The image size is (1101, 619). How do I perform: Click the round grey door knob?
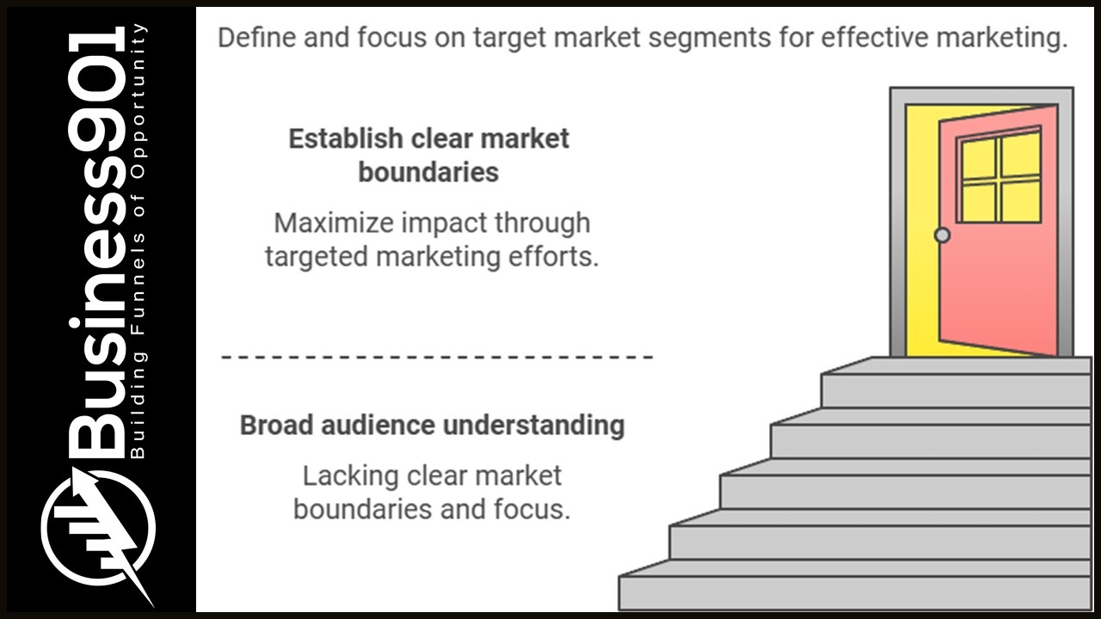tap(943, 235)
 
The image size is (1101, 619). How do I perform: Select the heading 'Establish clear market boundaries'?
tap(428, 156)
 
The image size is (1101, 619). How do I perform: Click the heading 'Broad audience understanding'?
tap(432, 426)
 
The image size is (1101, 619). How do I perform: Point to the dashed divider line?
tap(437, 356)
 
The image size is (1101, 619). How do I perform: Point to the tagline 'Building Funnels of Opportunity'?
tap(140, 241)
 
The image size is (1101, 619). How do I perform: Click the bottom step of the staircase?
tap(855, 592)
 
